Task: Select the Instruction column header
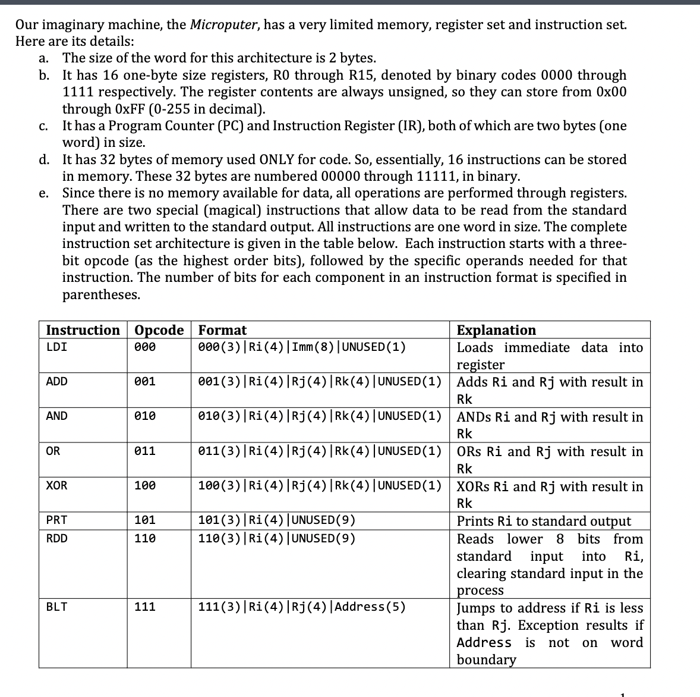83,330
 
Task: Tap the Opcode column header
159,330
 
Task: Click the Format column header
222,330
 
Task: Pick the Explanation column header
496,330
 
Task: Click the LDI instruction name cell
56,347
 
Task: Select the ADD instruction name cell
57,381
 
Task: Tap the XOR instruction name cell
57,486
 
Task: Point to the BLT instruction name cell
57,607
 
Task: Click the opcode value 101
146,520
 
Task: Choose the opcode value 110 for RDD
146,538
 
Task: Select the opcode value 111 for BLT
146,607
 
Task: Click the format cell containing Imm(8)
302,347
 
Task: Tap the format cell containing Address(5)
302,607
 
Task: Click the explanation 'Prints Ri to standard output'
544,521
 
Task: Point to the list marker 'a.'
43,58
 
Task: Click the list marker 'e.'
43,193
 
